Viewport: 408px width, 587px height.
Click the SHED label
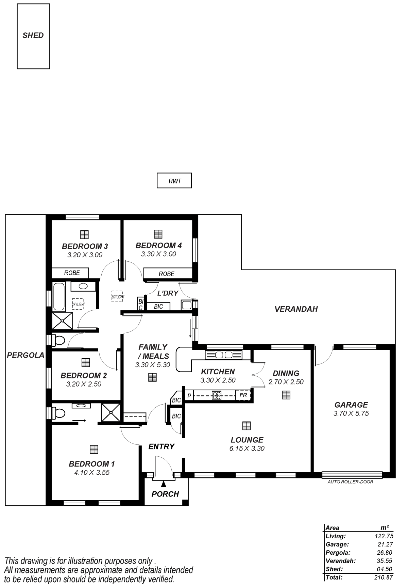click(x=33, y=35)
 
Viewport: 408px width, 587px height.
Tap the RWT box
click(x=174, y=180)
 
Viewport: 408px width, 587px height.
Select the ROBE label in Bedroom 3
click(x=72, y=273)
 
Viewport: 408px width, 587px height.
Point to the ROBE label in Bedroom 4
click(x=167, y=274)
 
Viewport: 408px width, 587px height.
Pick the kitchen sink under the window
click(x=224, y=355)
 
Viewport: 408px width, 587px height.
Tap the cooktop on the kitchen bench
click(x=216, y=395)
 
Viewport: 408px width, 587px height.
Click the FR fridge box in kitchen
click(x=243, y=395)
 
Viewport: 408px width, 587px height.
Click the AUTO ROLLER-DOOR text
click(x=350, y=482)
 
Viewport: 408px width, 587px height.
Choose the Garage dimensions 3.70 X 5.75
click(x=351, y=413)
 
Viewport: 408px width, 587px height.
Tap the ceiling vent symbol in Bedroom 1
click(x=94, y=450)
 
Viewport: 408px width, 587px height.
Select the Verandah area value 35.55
click(x=385, y=561)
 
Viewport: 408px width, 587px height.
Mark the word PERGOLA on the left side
click(x=26, y=355)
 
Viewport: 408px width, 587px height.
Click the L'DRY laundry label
click(x=168, y=293)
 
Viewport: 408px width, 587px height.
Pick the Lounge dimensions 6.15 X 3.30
click(x=247, y=449)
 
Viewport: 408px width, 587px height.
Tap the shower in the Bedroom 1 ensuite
click(x=111, y=412)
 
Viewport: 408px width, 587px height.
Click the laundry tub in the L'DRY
click(x=187, y=305)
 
